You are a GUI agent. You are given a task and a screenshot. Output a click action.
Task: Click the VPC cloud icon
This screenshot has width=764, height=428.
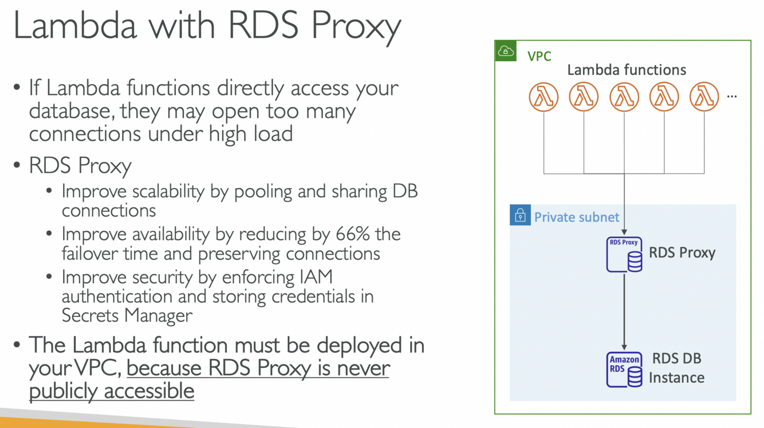click(506, 51)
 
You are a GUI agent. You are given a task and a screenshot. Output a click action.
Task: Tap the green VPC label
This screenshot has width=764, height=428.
click(539, 56)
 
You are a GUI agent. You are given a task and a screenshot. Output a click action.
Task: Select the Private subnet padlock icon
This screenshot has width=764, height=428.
click(520, 215)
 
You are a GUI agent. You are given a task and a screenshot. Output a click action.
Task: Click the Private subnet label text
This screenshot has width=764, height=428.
click(576, 217)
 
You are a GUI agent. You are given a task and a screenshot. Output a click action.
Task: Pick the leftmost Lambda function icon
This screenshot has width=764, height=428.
click(544, 97)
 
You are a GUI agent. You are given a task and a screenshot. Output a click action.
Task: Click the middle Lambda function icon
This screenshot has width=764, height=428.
click(624, 97)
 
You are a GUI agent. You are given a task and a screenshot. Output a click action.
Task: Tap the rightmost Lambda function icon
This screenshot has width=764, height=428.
click(704, 97)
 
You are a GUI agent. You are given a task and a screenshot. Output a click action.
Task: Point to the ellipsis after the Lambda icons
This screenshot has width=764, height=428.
click(731, 97)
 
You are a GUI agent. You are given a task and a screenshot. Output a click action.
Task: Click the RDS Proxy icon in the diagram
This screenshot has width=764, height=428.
click(624, 254)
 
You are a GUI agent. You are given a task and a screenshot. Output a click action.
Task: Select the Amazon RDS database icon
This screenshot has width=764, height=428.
click(624, 369)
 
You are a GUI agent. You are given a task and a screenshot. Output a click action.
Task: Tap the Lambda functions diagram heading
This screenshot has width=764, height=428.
click(626, 70)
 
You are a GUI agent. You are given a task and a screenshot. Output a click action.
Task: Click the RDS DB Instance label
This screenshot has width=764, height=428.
click(676, 368)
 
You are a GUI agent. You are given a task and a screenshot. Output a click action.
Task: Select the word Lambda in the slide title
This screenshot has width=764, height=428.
click(74, 26)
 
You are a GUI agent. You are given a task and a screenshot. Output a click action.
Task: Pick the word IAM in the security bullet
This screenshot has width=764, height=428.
click(316, 277)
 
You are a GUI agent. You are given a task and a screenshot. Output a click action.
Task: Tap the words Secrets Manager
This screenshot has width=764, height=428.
click(127, 315)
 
